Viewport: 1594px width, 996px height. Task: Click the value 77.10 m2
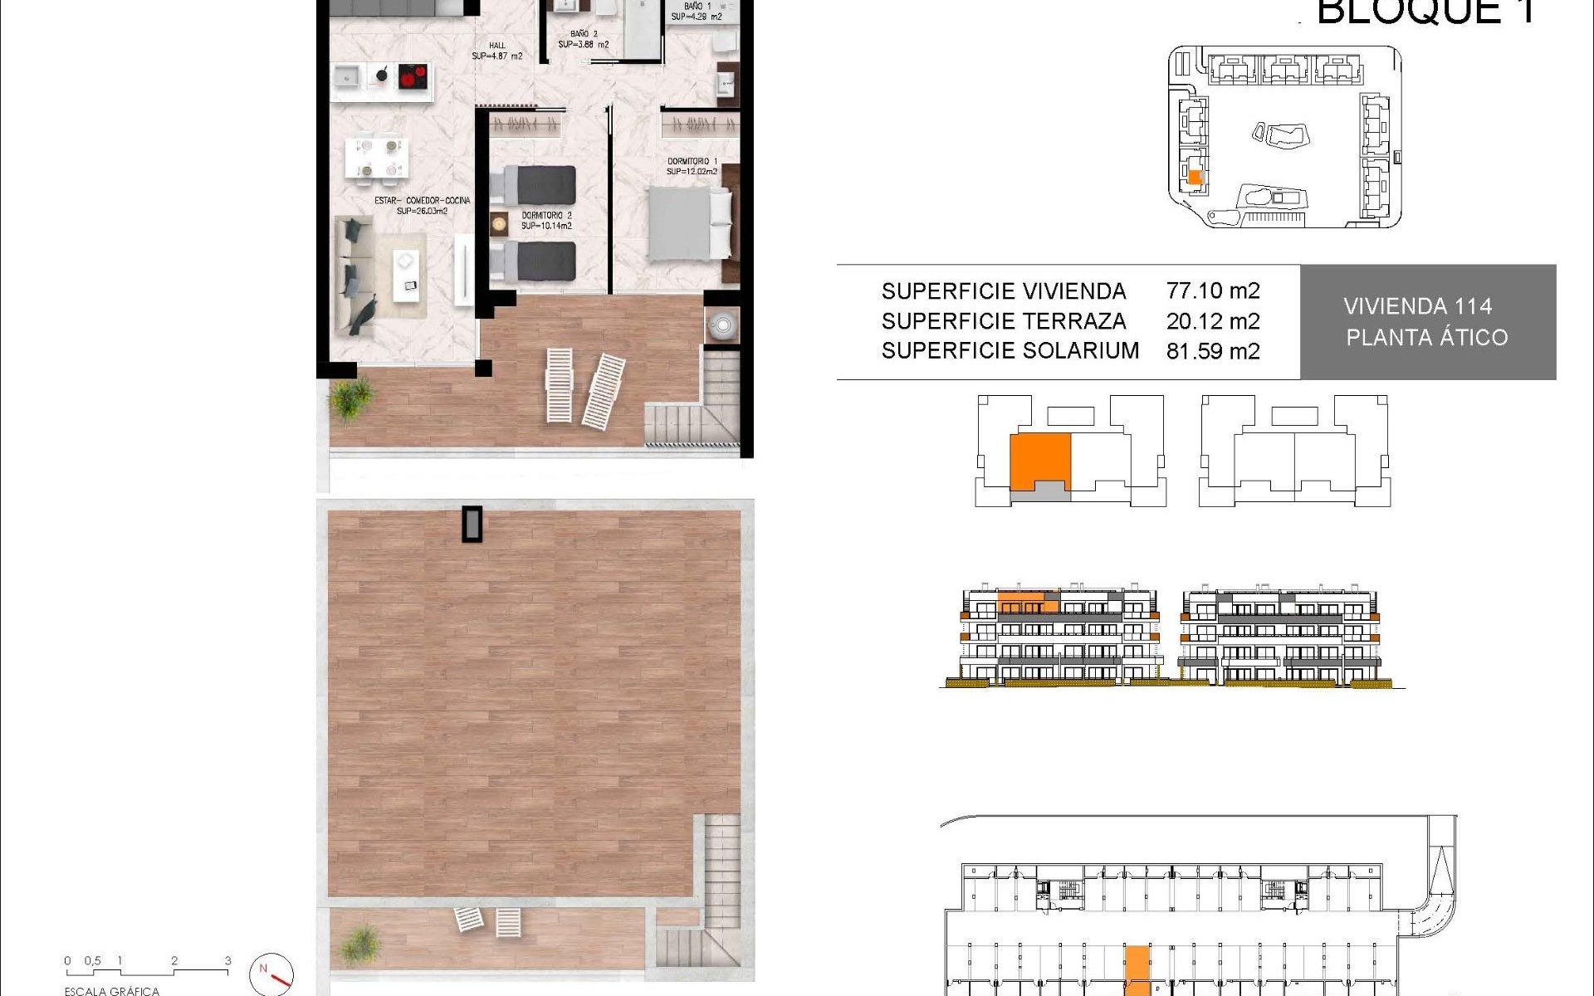coord(1212,290)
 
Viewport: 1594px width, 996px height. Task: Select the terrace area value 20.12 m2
coord(1212,321)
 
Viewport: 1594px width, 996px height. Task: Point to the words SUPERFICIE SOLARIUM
coord(1010,351)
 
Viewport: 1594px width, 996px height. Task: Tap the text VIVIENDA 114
coord(1417,306)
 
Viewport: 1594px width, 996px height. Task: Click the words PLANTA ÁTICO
coord(1426,338)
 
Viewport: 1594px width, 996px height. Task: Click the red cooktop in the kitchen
coord(413,76)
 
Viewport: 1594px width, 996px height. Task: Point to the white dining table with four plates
coord(377,158)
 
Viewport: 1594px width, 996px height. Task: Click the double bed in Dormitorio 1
coord(689,222)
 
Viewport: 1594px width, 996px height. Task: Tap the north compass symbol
coord(271,973)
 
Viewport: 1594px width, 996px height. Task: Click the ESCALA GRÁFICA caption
coord(111,990)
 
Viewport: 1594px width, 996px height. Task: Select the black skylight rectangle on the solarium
coord(472,524)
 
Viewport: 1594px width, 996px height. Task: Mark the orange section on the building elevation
coord(1026,602)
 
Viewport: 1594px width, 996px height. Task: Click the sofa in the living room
coord(354,275)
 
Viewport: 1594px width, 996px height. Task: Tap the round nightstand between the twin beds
coord(499,222)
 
